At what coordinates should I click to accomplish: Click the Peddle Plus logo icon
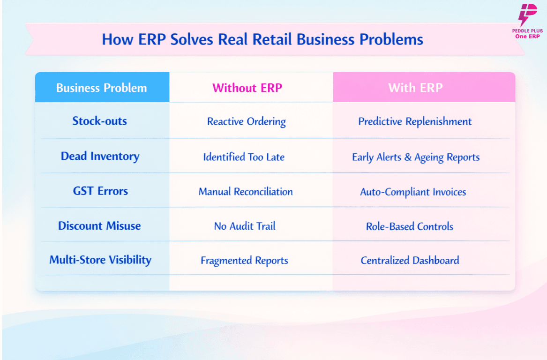point(527,15)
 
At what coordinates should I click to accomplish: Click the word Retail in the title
point(272,39)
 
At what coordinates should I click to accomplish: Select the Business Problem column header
point(102,88)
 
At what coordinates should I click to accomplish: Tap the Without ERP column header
point(247,88)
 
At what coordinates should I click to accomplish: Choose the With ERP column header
point(415,88)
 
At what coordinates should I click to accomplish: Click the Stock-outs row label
point(100,121)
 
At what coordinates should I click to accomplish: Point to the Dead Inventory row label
point(100,156)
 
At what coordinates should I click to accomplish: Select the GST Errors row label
point(100,191)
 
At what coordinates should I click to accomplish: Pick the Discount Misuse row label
point(99,225)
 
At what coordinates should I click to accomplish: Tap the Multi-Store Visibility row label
point(100,260)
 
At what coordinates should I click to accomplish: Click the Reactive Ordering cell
point(247,122)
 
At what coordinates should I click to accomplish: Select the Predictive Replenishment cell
point(415,122)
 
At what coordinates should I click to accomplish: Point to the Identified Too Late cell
point(244,157)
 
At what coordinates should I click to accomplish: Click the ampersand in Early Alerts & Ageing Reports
point(408,157)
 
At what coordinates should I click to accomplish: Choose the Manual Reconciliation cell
point(246,192)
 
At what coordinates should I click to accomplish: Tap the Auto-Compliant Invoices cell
point(413,192)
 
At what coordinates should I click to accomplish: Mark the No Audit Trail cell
point(245,226)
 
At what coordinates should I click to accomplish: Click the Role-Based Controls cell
point(410,226)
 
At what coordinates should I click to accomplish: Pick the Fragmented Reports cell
point(245,261)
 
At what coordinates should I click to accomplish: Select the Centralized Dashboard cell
point(410,260)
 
